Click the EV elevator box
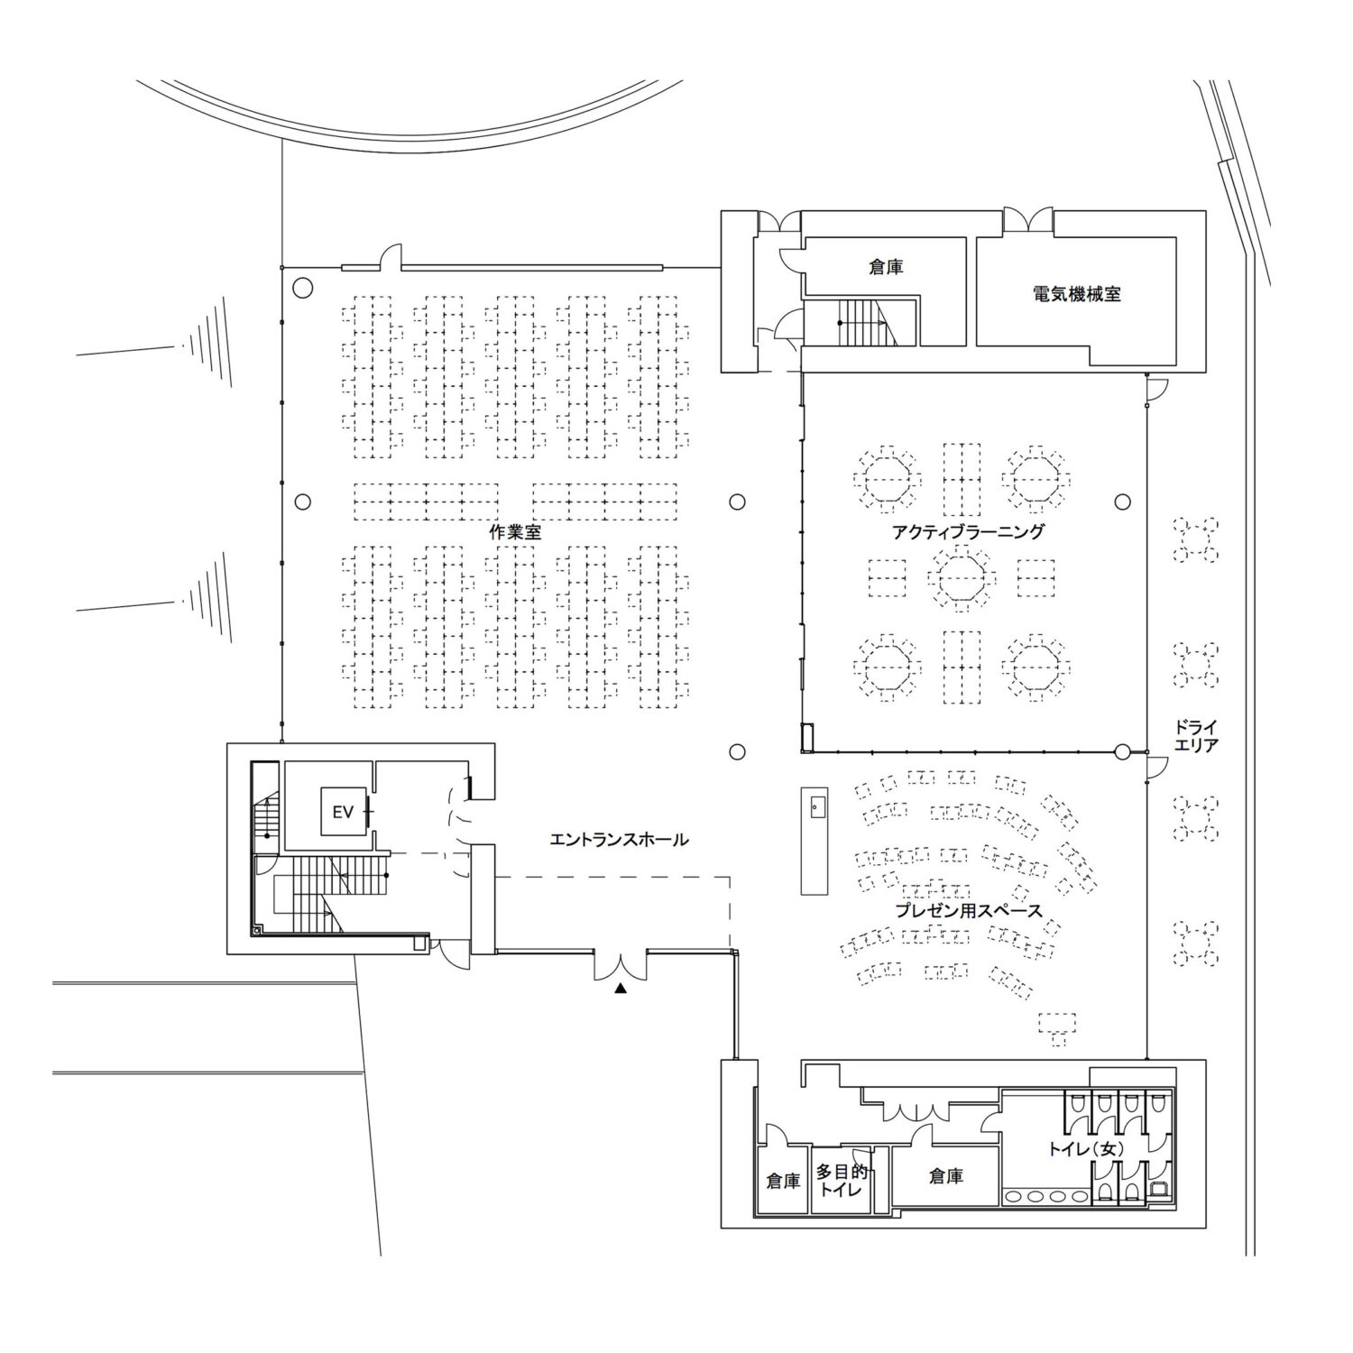(344, 812)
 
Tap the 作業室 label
(515, 532)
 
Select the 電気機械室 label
(1077, 293)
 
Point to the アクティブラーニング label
(968, 531)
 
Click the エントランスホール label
(620, 840)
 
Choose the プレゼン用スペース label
(969, 911)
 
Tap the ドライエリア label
(1197, 735)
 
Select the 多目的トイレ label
(842, 1180)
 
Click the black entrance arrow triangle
(620, 989)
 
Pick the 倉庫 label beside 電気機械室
(886, 267)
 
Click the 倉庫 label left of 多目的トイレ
(783, 1181)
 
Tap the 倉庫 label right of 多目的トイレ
(945, 1176)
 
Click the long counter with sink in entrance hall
(815, 840)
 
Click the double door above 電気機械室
(1029, 219)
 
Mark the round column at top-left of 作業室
(303, 289)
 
